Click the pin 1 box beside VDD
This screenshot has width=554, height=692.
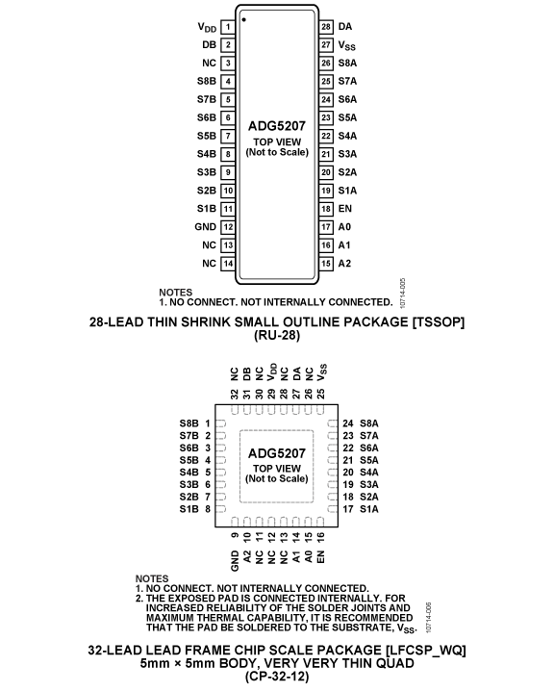coord(228,27)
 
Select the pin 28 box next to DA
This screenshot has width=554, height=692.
coord(325,27)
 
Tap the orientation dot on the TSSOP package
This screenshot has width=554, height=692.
coord(243,20)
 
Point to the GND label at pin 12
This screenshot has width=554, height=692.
coord(206,227)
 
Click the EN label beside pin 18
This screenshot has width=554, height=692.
coord(345,209)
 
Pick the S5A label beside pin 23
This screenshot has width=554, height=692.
coord(347,117)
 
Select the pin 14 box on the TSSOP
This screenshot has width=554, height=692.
coord(228,264)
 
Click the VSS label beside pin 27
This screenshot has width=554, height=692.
coord(346,45)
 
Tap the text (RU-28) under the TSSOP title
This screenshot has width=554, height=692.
coord(277,335)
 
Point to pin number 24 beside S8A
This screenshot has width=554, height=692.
coord(348,423)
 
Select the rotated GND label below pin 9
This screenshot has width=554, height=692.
coord(235,560)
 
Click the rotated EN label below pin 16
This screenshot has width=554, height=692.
coord(320,556)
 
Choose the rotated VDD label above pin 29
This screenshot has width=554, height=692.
coord(272,372)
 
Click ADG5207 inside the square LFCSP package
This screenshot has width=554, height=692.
coord(277,453)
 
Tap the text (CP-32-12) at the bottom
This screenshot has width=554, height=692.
coord(277,677)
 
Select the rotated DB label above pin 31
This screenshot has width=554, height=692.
coord(247,374)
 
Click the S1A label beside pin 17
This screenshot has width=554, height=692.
coord(369,509)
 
